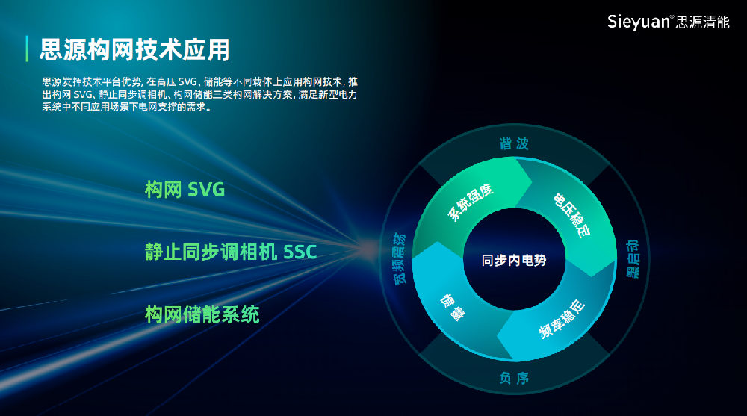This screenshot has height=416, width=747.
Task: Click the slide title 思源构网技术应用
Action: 134,49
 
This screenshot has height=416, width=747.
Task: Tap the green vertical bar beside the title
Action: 27,49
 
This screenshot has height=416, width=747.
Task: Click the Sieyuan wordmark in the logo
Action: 639,22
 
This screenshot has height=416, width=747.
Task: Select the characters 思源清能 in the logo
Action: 702,22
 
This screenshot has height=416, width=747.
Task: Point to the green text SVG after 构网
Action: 206,190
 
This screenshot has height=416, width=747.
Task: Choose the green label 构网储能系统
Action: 202,314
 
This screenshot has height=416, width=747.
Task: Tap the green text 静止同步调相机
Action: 211,252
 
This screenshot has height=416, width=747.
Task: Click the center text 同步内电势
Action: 514,260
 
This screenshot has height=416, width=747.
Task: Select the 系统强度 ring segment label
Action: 470,202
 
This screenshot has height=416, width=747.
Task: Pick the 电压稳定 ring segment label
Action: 571,215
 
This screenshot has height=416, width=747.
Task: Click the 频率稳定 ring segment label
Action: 562,319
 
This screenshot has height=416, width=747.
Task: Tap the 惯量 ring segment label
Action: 452,308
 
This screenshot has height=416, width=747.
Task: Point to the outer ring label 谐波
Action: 514,143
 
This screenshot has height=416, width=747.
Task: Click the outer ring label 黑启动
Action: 632,258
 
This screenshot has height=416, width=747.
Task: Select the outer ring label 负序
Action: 514,378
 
